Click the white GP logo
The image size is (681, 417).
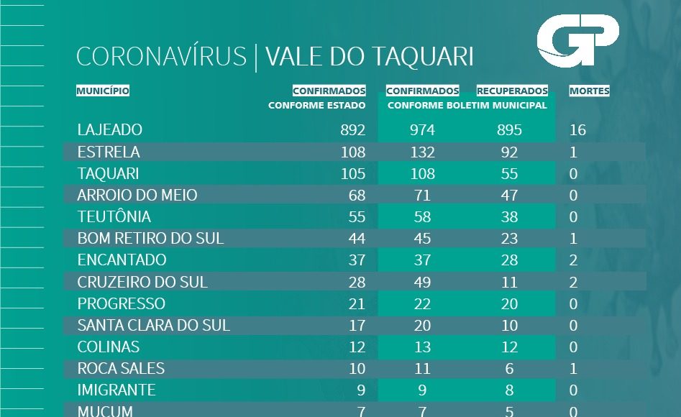(x=577, y=43)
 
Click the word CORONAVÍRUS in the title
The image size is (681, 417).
(x=161, y=57)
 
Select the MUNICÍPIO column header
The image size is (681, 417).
(x=103, y=91)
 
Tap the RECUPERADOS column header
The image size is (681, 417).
(x=512, y=91)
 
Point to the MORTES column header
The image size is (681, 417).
(x=589, y=91)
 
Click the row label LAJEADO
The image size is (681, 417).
(x=110, y=130)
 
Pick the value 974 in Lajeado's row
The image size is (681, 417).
(x=423, y=130)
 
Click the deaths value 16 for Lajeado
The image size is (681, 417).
(x=577, y=130)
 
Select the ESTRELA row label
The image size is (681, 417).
(x=109, y=152)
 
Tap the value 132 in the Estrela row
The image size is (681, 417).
(x=423, y=152)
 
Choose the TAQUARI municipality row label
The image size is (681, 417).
(x=109, y=174)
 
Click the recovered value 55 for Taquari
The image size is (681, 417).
(x=510, y=174)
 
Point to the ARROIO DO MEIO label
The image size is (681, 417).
(x=137, y=196)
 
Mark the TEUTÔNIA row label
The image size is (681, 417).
(x=114, y=217)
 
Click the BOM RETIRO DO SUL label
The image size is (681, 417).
(x=150, y=239)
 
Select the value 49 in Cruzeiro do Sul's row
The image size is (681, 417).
(x=423, y=283)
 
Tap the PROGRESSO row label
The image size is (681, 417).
(x=122, y=304)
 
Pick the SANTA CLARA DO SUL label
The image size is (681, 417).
(x=154, y=326)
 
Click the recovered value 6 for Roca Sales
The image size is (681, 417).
(x=510, y=369)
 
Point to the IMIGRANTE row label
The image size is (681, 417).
(x=116, y=390)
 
